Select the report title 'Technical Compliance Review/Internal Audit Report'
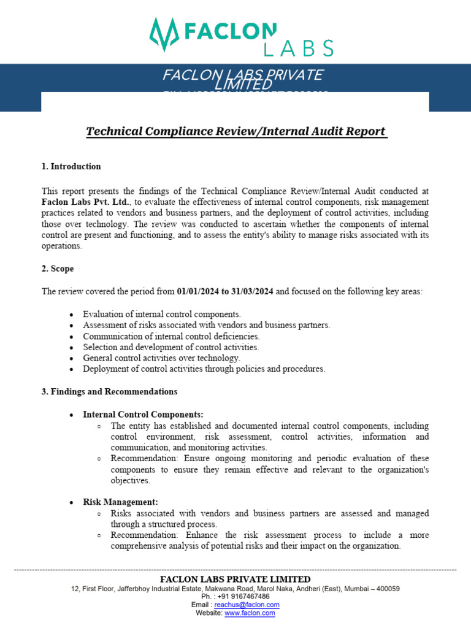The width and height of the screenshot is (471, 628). pos(236,131)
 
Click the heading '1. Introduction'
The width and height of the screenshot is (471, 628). pos(71,166)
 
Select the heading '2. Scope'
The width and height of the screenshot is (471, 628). pos(58,269)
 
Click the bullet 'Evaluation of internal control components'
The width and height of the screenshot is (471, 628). pos(162,314)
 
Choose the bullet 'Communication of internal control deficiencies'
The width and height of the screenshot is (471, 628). pos(171,336)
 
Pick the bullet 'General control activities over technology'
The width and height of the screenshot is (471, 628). pos(162,358)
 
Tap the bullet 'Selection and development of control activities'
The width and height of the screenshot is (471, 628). pos(171,347)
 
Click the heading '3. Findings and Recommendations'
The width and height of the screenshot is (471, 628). pos(109,391)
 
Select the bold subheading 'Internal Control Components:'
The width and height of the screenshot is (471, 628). pos(143,415)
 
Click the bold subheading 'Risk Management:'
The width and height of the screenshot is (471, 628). pos(120,502)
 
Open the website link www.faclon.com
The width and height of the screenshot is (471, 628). pos(250,613)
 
